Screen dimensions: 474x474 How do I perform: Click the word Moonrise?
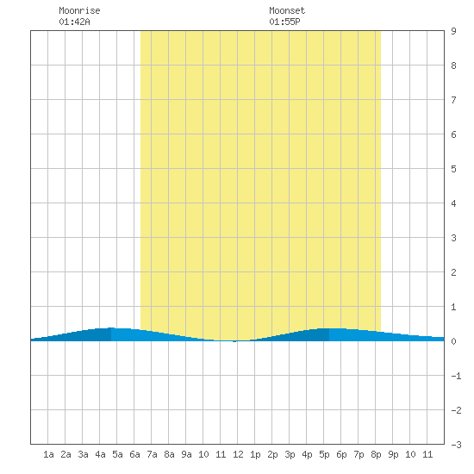coord(79,10)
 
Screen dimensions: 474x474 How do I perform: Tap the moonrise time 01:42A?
coord(74,22)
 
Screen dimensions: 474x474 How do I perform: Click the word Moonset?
coord(287,10)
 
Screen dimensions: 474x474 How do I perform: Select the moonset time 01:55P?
coord(284,22)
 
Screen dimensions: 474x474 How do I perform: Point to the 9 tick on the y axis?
coord(453,31)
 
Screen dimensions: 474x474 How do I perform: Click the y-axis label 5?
coord(453,169)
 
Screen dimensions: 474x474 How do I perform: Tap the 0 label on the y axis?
coord(453,341)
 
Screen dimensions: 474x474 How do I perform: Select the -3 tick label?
coord(457,445)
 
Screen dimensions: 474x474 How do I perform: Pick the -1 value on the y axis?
coord(457,376)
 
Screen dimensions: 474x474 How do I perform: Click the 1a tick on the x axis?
coord(48,454)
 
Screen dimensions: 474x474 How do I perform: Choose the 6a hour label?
coord(134,454)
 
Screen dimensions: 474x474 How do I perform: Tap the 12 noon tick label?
coord(238,454)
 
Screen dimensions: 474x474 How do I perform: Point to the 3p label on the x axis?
coord(290,454)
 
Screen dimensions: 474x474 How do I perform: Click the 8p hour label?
coord(376,454)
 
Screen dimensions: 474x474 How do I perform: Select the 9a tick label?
coord(186,454)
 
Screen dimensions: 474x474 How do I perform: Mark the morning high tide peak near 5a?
coord(111,328)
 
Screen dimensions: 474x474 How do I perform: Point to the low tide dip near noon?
coord(234,341)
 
